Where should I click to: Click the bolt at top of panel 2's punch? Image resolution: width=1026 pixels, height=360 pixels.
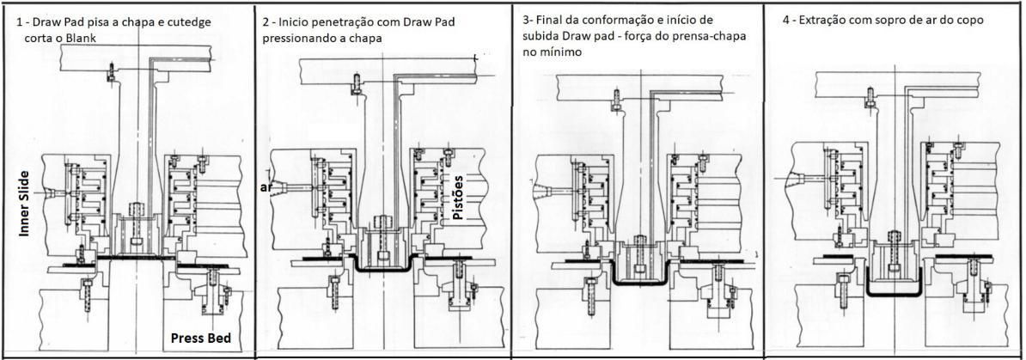(355, 81)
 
